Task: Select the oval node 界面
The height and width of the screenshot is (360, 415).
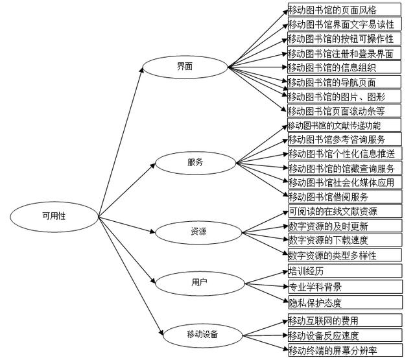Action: click(184, 67)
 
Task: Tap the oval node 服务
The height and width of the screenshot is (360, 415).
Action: click(195, 163)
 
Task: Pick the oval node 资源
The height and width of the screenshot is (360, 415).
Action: click(199, 232)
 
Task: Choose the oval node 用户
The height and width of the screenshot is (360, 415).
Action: click(199, 282)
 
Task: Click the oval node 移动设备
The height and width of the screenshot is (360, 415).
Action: click(202, 335)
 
